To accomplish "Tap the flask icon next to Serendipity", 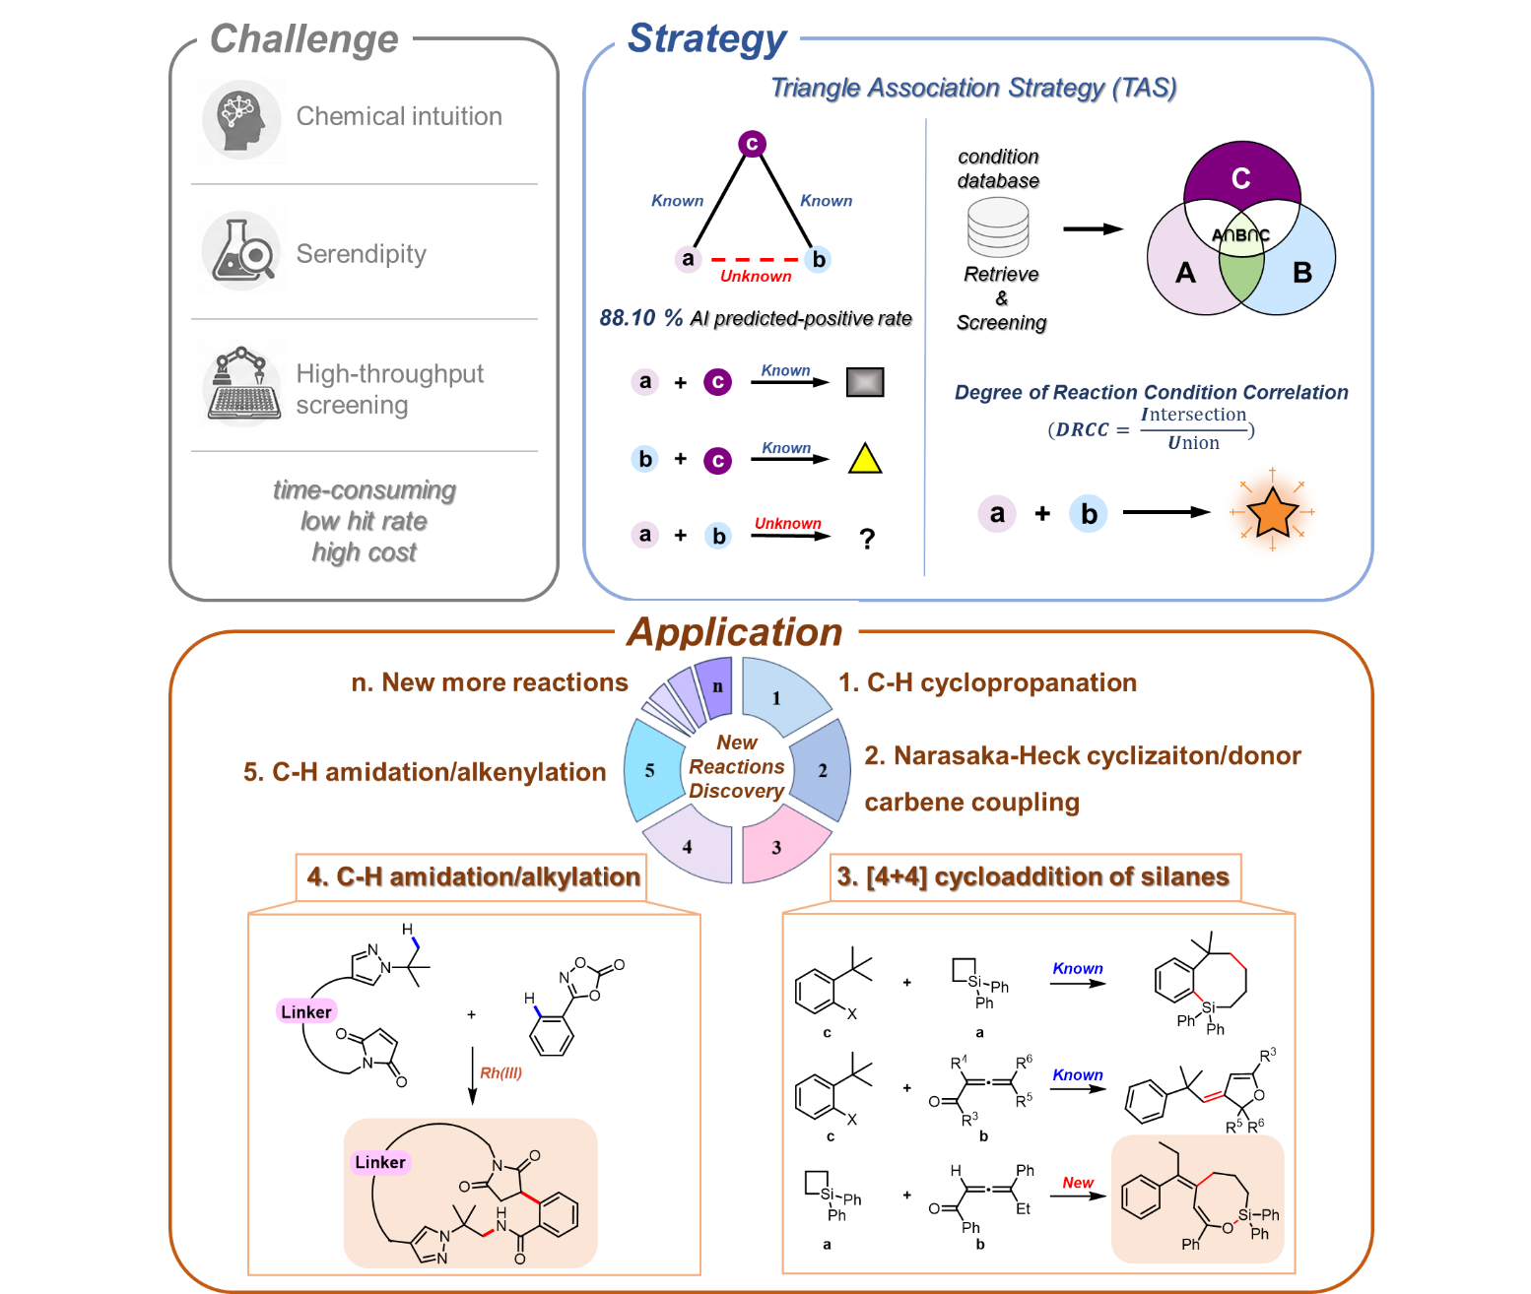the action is [x=241, y=251].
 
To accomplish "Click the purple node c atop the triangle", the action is [x=752, y=144].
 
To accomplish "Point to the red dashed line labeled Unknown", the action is [x=754, y=260].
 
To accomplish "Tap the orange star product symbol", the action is [x=1272, y=512].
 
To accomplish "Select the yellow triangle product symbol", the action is [x=865, y=458].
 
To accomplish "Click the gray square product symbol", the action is [x=865, y=382].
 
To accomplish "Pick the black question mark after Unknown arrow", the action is [x=867, y=538].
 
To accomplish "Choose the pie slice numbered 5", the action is [x=652, y=770].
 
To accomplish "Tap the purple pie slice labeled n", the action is [x=714, y=687].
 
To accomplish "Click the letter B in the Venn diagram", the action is [x=1302, y=273].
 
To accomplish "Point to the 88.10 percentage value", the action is [x=628, y=317].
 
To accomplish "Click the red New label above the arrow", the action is [x=1078, y=1182].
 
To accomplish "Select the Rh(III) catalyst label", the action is [x=500, y=1071].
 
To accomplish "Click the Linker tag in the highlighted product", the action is [x=380, y=1161].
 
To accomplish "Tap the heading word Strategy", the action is [x=707, y=38].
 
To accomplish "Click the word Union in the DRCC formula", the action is [x=1193, y=443].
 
